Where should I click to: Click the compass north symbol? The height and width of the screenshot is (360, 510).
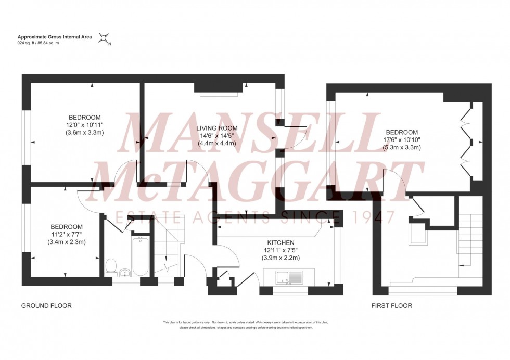click(105, 38)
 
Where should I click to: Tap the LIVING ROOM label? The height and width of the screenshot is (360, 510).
click(216, 128)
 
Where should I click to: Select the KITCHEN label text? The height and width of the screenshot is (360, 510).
click(281, 243)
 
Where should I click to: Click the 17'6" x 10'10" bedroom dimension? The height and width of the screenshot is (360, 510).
click(401, 140)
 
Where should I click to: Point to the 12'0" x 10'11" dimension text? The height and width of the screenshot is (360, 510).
click(84, 125)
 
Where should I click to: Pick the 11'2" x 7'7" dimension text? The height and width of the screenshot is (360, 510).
click(66, 234)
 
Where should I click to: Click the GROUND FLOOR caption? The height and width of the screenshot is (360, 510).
click(46, 306)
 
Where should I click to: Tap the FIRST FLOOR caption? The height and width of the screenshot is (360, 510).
click(391, 306)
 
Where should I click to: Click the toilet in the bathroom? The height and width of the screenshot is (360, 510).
click(110, 266)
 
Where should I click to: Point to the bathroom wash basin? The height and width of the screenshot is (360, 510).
click(123, 273)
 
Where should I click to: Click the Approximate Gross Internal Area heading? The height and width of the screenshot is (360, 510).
click(56, 36)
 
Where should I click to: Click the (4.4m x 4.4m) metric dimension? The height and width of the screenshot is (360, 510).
click(216, 143)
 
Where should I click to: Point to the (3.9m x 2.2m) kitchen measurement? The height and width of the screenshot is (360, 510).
click(281, 258)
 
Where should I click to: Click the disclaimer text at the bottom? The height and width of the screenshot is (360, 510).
click(245, 325)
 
